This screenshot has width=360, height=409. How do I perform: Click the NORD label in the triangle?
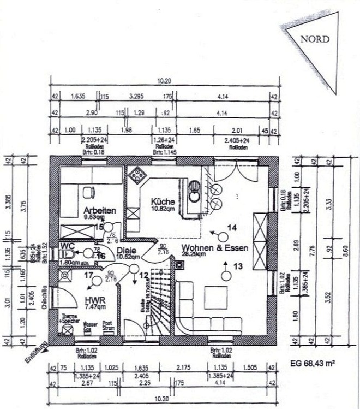coord(315,40)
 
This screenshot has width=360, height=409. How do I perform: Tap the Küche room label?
coord(163,201)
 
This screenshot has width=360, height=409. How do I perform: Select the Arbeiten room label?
coord(99,210)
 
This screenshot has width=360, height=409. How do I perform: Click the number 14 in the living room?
coord(232,227)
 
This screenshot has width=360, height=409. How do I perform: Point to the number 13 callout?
coord(237,266)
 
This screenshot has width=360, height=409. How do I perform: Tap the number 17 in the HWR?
coord(88,275)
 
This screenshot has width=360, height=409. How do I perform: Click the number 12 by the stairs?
coord(143,276)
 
